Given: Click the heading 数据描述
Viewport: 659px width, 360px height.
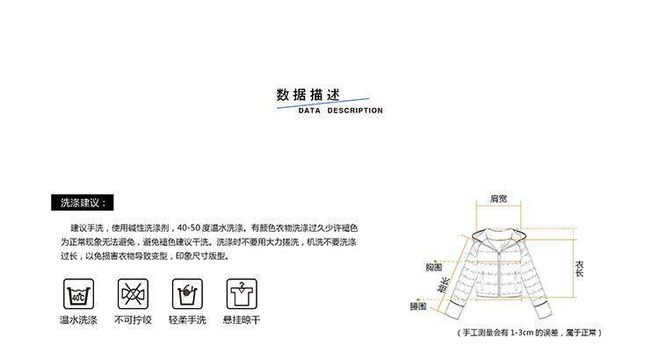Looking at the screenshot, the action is [308, 94].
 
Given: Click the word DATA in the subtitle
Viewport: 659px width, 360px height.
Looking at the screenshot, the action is [311, 112].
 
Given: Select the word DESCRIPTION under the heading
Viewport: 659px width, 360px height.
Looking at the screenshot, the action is [355, 112].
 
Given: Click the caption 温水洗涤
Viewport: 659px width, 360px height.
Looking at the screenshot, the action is [77, 320].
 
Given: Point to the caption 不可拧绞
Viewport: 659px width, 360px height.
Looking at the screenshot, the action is [133, 320].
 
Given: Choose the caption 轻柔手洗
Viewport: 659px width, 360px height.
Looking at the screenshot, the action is [187, 320].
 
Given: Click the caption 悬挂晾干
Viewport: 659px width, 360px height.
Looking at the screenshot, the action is [241, 320].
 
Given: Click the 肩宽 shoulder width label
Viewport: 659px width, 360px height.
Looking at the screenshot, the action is [498, 199].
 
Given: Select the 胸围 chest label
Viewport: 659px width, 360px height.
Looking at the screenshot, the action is [433, 266].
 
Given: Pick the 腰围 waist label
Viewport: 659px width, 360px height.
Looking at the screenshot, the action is [417, 306].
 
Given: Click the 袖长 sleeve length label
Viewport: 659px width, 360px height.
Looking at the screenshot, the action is [444, 285].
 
